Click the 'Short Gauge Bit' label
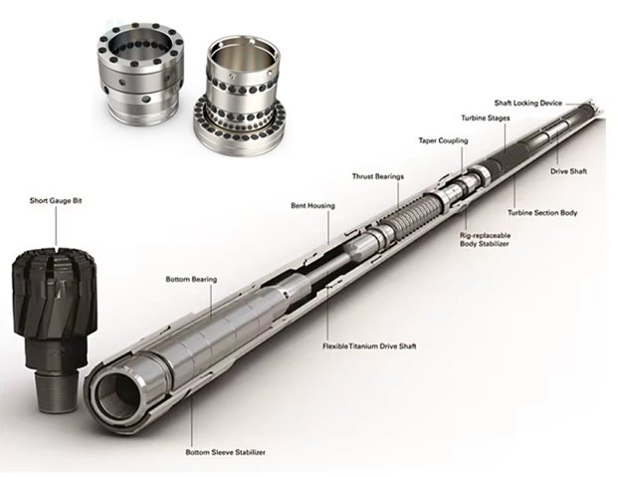[56, 201]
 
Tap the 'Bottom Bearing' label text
[191, 280]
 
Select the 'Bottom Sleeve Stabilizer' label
[226, 452]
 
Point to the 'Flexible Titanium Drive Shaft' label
[369, 347]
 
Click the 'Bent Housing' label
[312, 205]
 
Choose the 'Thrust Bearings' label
[378, 176]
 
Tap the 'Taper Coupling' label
[443, 140]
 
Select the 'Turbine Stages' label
[486, 118]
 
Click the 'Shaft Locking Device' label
[528, 104]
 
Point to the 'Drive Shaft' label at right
[568, 171]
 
